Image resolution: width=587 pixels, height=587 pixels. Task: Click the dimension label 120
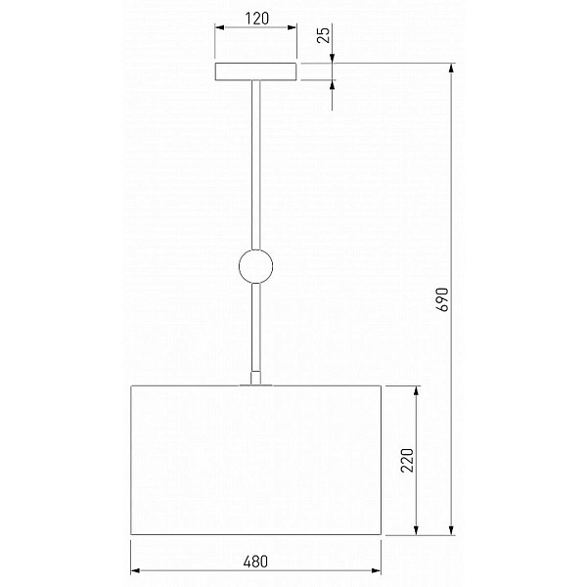pyautogui.click(x=256, y=19)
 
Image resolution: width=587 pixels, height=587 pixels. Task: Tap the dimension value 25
pyautogui.click(x=324, y=35)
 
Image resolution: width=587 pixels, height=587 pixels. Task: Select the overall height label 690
pyautogui.click(x=442, y=299)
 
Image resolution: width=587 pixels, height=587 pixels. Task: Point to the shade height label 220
pyautogui.click(x=407, y=460)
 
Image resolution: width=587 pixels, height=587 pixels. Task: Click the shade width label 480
pyautogui.click(x=255, y=562)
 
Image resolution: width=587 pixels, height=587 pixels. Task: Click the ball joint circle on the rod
pyautogui.click(x=255, y=266)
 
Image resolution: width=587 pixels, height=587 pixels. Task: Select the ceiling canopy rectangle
pyautogui.click(x=255, y=71)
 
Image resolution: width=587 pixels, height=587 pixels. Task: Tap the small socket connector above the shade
pyautogui.click(x=255, y=378)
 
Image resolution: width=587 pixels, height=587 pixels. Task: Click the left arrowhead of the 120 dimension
pyautogui.click(x=220, y=27)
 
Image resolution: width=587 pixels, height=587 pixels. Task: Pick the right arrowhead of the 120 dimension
pyautogui.click(x=292, y=27)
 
